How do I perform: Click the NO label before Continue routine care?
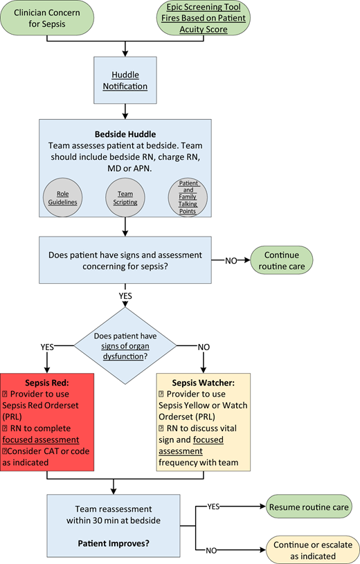tap(231, 262)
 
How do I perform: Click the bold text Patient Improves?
tap(125, 540)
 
